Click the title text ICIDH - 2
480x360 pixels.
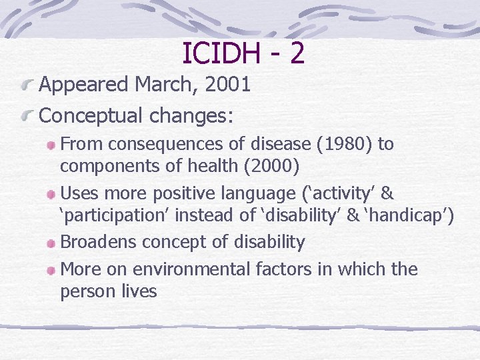coord(243,53)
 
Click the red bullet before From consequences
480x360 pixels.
coord(51,145)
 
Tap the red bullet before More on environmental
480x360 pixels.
coord(51,271)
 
